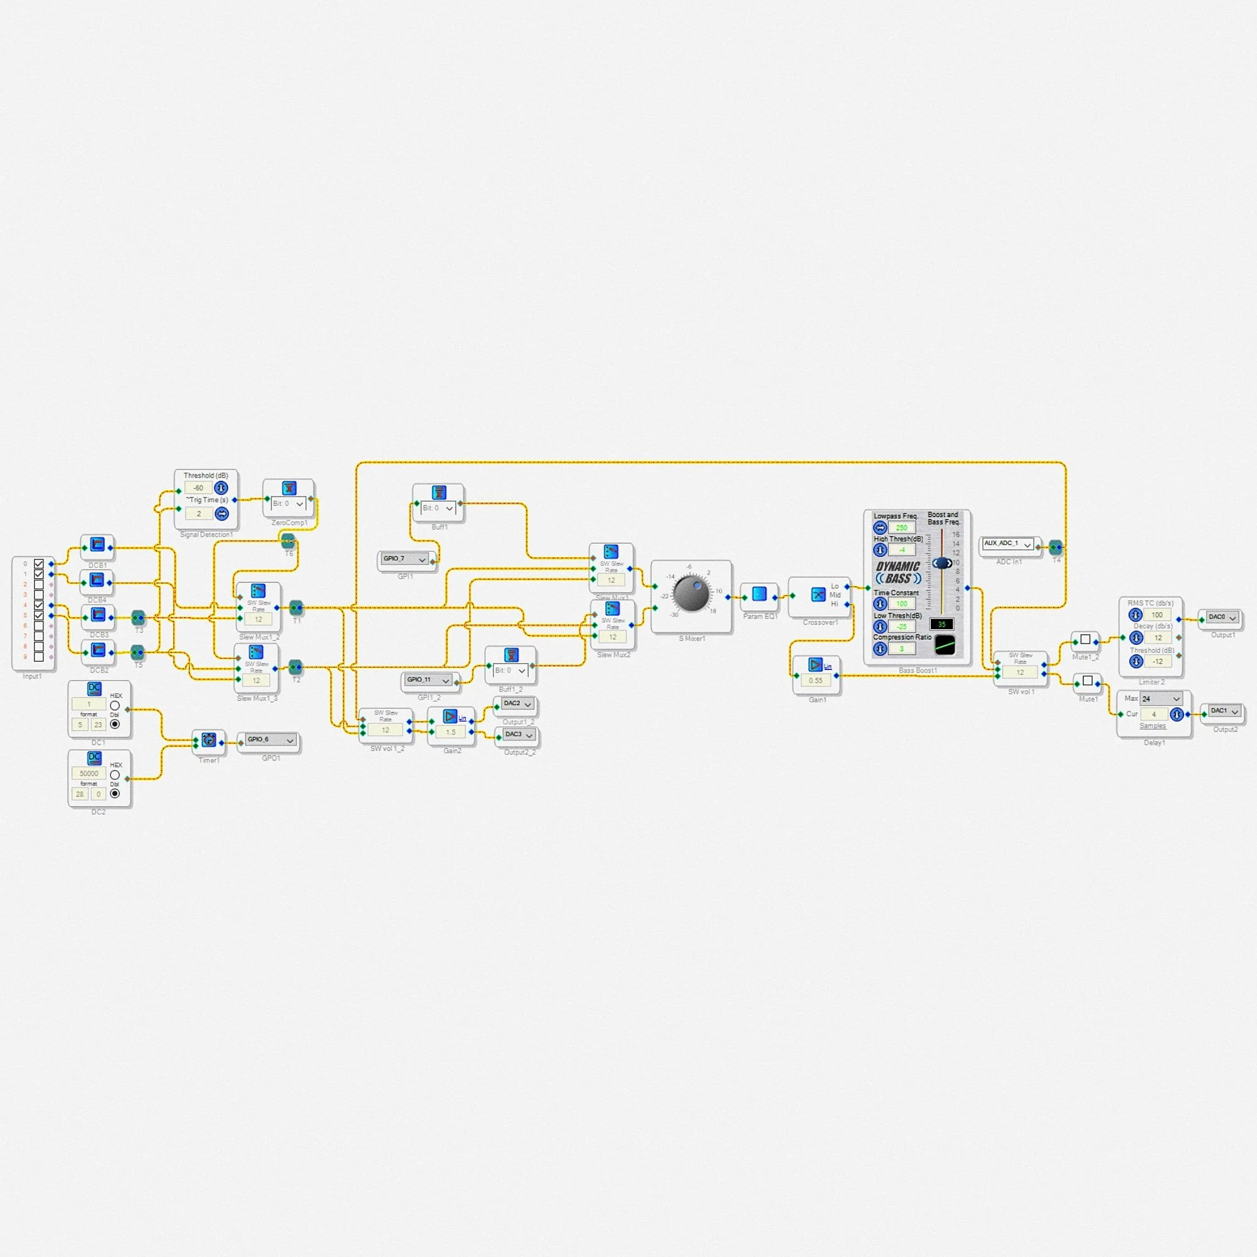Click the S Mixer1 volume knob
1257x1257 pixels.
point(690,593)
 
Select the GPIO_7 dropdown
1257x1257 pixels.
point(405,559)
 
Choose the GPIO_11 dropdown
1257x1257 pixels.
point(428,680)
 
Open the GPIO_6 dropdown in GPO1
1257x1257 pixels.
point(270,740)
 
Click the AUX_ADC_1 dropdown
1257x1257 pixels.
point(1007,543)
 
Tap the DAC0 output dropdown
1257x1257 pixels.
point(1222,617)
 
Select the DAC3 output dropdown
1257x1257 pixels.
point(519,735)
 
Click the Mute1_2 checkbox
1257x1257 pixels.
point(1085,640)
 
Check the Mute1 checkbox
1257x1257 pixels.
point(1087,681)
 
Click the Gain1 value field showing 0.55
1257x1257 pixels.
point(815,681)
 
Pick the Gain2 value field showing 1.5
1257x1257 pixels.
point(450,732)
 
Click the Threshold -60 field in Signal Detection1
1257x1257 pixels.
point(199,488)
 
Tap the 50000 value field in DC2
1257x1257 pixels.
point(89,774)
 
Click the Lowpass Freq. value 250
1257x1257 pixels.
point(901,528)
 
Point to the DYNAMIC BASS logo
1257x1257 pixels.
point(898,573)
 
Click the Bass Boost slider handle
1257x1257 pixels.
point(941,563)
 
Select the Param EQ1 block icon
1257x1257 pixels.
point(759,594)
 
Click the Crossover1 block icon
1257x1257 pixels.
point(818,594)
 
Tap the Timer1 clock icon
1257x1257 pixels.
point(208,740)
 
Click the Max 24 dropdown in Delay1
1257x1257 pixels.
point(1160,699)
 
